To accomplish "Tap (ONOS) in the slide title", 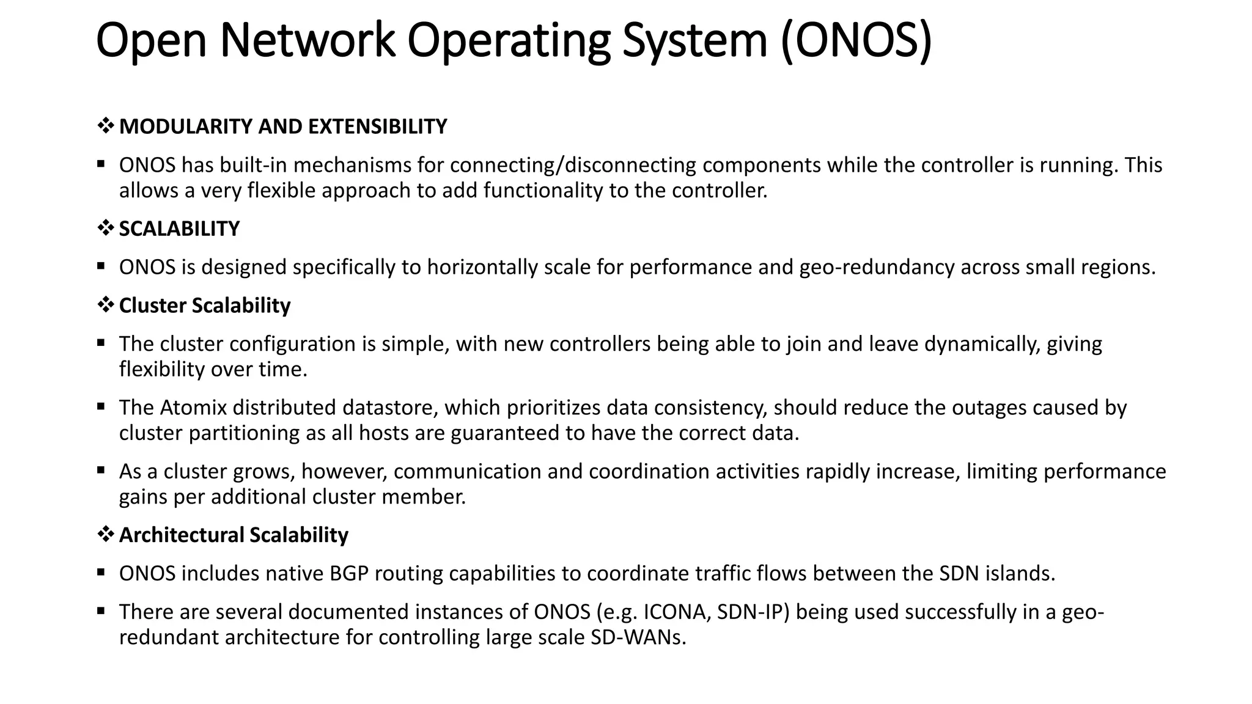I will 856,40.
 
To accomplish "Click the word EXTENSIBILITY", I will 377,127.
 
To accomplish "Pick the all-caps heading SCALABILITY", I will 179,229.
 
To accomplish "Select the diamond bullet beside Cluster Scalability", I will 106,305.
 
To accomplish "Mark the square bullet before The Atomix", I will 101,406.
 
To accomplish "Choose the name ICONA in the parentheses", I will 677,612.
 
